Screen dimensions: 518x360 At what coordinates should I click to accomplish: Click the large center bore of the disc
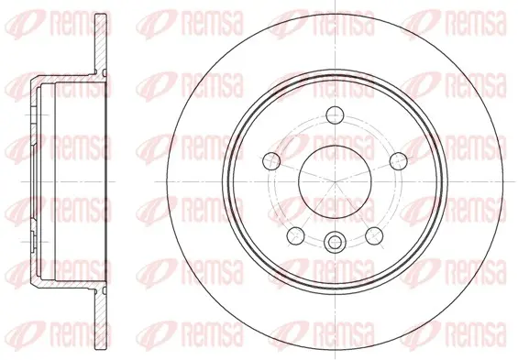coord(335,181)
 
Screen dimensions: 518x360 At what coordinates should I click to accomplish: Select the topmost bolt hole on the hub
coord(335,115)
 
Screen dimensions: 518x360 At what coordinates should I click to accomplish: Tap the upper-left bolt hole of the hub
coord(271,161)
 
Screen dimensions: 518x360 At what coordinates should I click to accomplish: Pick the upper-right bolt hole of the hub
coord(399,161)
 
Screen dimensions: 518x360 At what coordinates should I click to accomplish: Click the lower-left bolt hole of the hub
coord(295,236)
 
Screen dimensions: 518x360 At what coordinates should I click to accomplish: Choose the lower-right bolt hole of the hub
coord(374,236)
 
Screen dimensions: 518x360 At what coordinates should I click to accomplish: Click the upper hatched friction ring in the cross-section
coord(101,44)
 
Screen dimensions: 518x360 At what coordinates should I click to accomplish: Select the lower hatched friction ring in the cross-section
coord(101,319)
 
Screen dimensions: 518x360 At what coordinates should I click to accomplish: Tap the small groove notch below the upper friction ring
coord(105,72)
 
